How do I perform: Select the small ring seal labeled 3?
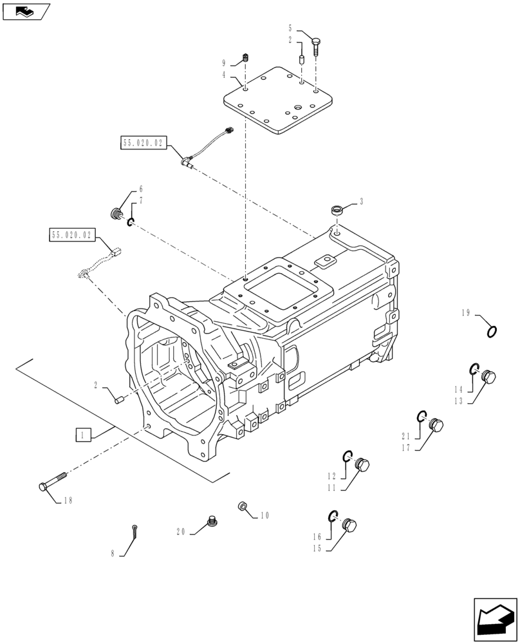pos(336,210)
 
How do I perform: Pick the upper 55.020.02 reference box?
pos(143,142)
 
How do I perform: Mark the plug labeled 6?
pos(117,213)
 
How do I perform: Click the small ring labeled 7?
pos(130,223)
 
